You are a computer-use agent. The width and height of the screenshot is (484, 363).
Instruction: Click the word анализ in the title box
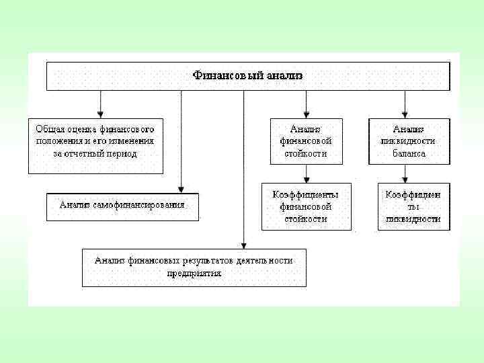pos(283,76)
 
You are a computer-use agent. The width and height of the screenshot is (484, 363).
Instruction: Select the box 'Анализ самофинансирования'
pos(123,206)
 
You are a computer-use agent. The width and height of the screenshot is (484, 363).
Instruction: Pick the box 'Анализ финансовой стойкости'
pos(306,141)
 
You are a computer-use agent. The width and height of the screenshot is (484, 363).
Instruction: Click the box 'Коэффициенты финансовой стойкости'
pos(306,206)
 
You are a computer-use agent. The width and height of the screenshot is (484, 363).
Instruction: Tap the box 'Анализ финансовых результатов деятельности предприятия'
pos(194,267)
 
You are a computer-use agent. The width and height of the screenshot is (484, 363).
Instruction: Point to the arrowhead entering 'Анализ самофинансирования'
pos(182,190)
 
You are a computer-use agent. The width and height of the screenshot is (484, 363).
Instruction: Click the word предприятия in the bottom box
pos(194,274)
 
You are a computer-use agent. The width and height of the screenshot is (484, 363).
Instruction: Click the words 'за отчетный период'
pos(95,153)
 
